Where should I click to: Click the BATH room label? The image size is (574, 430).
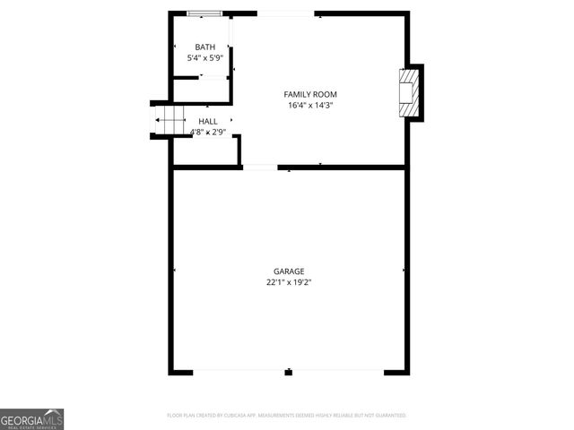point(206,47)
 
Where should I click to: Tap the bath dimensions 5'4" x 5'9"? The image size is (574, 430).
point(206,58)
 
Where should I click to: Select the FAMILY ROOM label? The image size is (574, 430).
point(310,94)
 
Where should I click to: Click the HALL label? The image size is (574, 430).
point(207,121)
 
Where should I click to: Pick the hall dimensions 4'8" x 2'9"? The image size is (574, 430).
point(207,133)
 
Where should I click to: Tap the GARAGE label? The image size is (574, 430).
point(289,271)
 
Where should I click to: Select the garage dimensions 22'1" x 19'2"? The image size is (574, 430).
point(289,282)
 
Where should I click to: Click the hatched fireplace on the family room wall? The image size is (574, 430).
point(409,92)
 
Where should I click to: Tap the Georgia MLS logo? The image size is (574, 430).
point(32,419)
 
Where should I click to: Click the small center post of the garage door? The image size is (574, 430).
point(289,372)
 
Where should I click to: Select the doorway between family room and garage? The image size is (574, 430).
point(260,167)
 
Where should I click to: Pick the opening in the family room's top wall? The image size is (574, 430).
point(285,13)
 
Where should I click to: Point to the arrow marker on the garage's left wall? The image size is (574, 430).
point(174,270)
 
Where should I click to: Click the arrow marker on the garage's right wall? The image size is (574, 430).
point(404,270)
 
